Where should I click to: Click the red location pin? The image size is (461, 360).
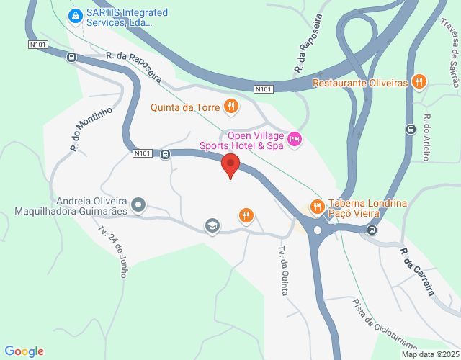click(230, 165)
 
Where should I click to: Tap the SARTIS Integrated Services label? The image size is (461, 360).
click(126, 17)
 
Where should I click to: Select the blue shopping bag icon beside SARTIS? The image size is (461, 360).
click(73, 15)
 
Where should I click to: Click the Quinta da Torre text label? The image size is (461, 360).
click(184, 109)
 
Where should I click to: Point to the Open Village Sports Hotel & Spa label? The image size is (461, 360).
click(256, 140)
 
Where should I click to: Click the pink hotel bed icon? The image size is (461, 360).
click(295, 138)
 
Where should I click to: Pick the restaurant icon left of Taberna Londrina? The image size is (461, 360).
click(317, 207)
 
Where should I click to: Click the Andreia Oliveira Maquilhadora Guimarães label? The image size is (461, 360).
click(71, 206)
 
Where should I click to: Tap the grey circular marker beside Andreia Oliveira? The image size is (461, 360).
click(139, 206)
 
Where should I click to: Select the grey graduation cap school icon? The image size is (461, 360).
click(212, 226)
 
